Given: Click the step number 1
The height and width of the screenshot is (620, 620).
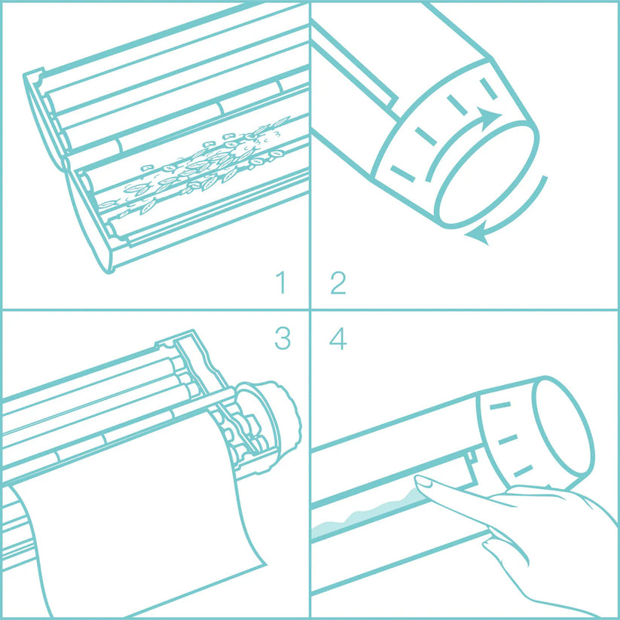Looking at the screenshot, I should coord(282,284).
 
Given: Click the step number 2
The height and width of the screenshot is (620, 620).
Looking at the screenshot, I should coord(337,284).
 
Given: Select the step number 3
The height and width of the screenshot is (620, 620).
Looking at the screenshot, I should coord(282,339).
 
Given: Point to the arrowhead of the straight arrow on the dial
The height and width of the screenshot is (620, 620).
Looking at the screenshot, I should coord(492,118).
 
